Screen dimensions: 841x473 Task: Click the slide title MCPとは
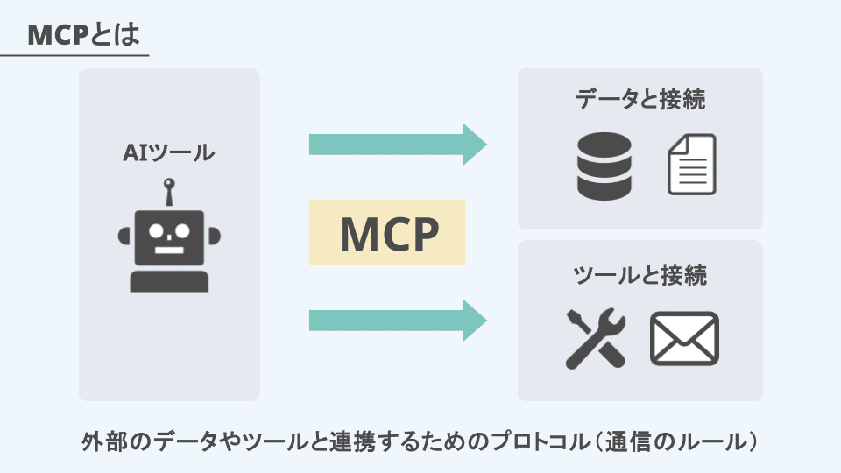[83, 35]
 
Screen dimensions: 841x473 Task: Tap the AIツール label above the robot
[169, 152]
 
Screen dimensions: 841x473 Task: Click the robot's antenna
[169, 192]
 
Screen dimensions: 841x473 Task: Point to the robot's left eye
[156, 230]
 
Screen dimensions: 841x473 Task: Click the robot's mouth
[169, 250]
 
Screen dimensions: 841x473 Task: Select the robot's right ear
[214, 236]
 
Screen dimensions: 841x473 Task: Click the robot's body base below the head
[169, 281]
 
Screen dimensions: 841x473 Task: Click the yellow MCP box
[387, 231]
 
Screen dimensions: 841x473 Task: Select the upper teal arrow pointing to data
[398, 145]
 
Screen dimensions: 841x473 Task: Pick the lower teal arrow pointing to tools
[398, 321]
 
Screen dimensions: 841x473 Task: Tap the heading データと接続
[640, 99]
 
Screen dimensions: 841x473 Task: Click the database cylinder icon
[604, 166]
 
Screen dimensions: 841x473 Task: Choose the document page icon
[692, 165]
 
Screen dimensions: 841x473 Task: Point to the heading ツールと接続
[640, 275]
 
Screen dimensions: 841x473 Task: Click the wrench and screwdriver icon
[596, 338]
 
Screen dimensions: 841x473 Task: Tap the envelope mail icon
[684, 339]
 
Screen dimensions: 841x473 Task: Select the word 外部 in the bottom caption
[105, 441]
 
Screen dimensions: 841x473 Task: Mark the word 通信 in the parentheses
[629, 441]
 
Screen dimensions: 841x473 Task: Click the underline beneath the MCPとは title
[74, 55]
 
